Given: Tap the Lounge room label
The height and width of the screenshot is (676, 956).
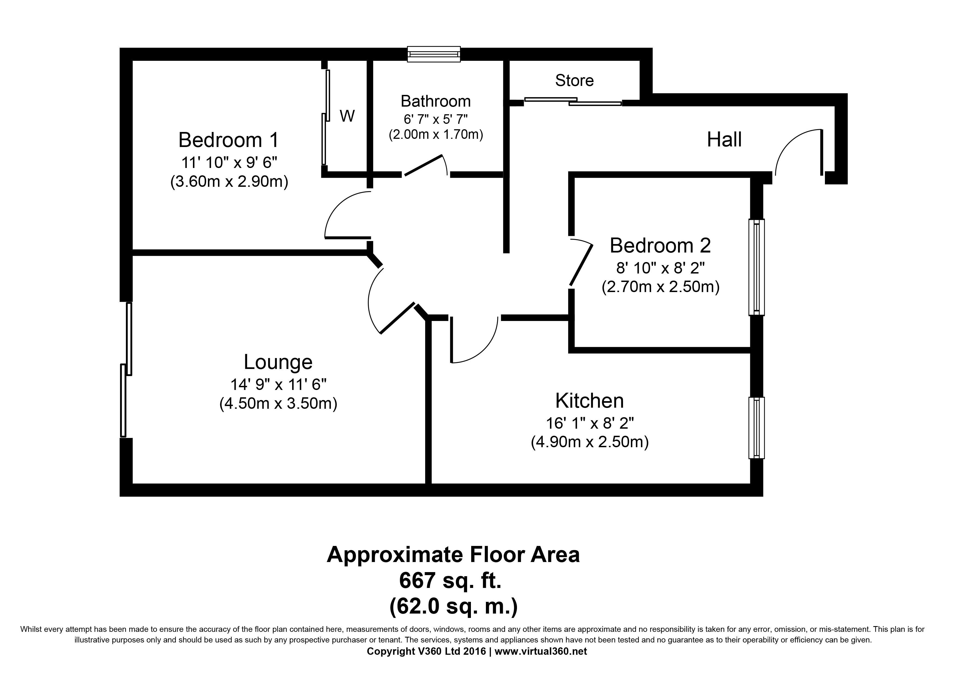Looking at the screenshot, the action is coord(278,362).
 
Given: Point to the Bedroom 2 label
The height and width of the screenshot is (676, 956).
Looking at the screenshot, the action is coord(660,245).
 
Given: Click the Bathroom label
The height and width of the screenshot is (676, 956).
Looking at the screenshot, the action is coord(435,101).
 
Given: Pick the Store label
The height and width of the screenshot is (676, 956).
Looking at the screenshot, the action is coord(574,80).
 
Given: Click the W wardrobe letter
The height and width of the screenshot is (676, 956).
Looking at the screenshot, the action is coord(347,116).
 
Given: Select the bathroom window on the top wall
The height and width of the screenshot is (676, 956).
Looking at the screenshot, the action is coord(434,54).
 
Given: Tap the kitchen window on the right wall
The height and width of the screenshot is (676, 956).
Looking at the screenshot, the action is coord(757,428).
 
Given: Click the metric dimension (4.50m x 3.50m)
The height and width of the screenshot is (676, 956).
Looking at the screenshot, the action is coord(278,404).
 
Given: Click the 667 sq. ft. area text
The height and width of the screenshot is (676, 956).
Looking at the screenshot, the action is coord(450,581).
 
